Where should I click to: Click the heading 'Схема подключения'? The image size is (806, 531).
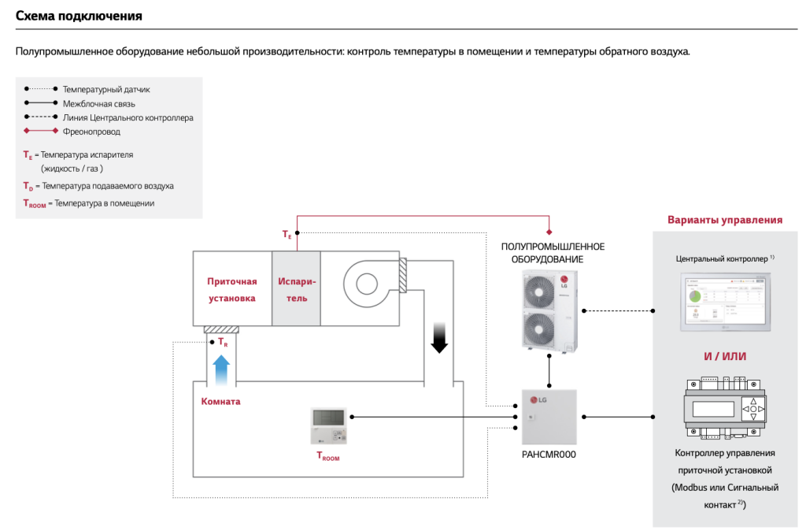[79, 16]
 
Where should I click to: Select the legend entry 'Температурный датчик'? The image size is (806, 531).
[105, 90]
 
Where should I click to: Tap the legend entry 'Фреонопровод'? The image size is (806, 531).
[91, 132]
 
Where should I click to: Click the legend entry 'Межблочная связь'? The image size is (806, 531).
[98, 103]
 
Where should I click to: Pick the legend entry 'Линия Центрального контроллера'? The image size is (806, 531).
[128, 117]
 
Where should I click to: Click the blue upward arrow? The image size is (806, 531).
[222, 368]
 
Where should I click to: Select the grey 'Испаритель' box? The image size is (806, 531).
[296, 288]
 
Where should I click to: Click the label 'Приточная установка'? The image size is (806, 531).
[232, 290]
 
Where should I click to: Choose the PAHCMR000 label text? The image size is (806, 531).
[549, 455]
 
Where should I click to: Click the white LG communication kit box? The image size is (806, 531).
[549, 418]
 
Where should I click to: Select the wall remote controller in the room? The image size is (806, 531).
[328, 426]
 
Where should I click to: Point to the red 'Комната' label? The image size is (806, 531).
[221, 401]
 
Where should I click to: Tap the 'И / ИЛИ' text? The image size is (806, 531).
[725, 357]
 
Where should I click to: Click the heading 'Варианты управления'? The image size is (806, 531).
[725, 220]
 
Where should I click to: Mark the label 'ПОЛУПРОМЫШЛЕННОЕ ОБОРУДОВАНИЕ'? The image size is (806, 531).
[553, 253]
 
